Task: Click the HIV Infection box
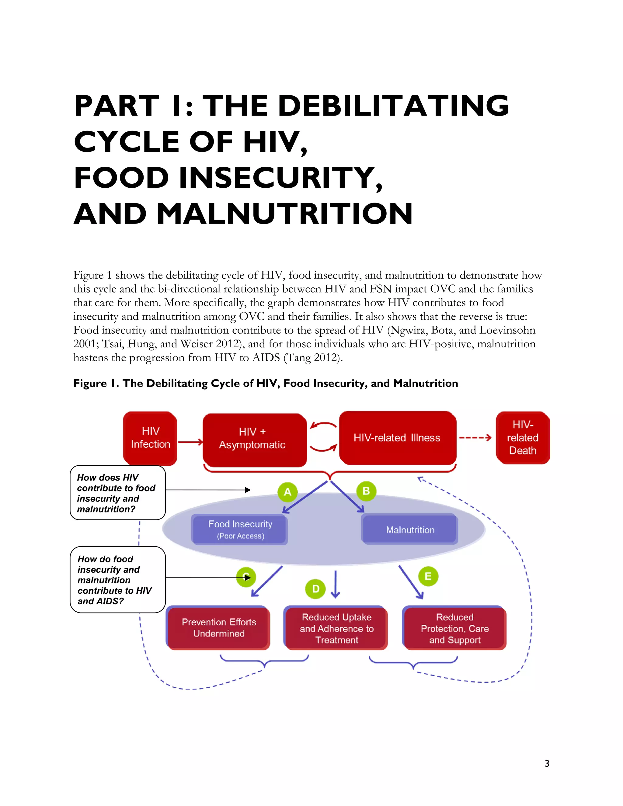click(x=150, y=438)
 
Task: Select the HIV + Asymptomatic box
click(x=255, y=439)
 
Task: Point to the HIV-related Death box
click(x=523, y=438)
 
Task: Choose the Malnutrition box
click(x=410, y=530)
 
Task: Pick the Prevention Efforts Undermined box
click(x=218, y=628)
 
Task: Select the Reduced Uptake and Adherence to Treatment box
click(x=336, y=628)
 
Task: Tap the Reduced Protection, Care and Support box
click(x=454, y=628)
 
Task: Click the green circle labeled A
click(x=287, y=492)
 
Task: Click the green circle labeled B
click(x=366, y=491)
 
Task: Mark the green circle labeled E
click(x=428, y=576)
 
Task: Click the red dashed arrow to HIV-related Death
click(x=475, y=438)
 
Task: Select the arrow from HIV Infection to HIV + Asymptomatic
click(x=190, y=442)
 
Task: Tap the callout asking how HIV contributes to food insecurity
click(x=117, y=493)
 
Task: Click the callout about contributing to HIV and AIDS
click(x=117, y=580)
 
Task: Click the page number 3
click(x=547, y=763)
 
